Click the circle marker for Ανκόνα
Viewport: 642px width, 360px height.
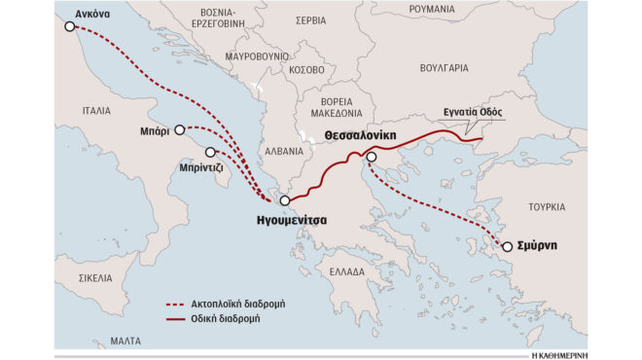pyautogui.click(x=69, y=26)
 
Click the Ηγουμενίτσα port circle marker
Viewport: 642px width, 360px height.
pyautogui.click(x=284, y=201)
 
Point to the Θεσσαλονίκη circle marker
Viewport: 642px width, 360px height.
pyautogui.click(x=371, y=157)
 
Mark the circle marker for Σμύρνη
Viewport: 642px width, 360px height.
pyautogui.click(x=507, y=246)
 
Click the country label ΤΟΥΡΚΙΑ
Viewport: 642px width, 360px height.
pyautogui.click(x=547, y=207)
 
